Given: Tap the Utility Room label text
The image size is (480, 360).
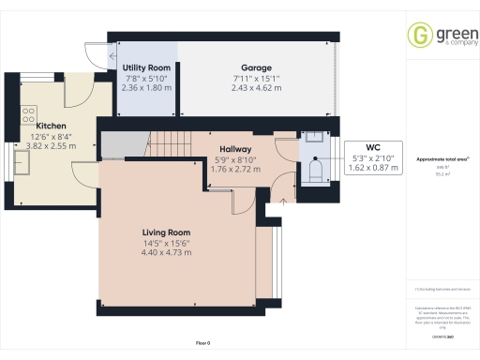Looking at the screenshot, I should point(145,68).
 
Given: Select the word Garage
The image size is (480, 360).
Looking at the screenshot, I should point(256,68).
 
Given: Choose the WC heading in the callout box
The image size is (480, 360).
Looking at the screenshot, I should point(372,147).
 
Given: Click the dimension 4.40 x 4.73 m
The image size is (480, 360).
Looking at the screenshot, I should point(166,252).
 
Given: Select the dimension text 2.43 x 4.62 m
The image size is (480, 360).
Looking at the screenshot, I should point(256,88).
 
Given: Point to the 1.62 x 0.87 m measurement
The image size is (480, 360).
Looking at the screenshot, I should point(372,168).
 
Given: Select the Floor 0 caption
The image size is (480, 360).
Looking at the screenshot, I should point(203,344).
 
